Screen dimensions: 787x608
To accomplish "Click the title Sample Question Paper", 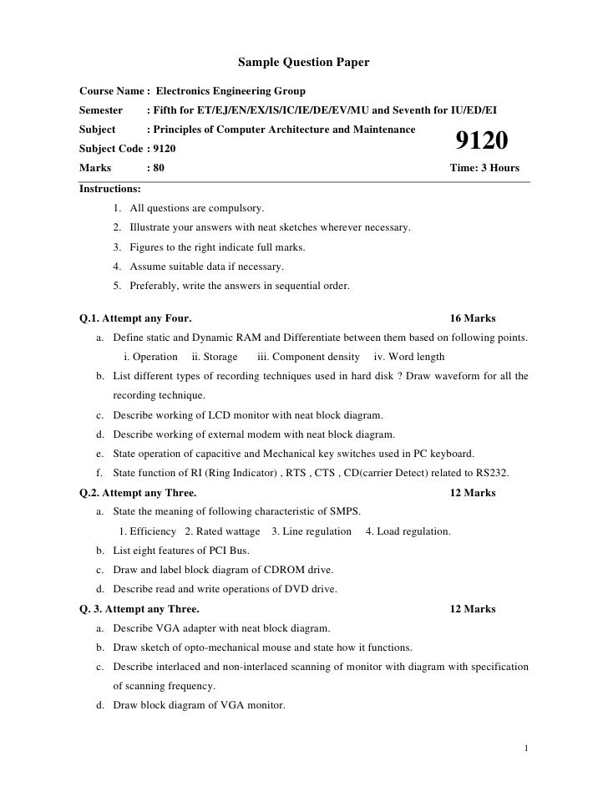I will (303, 63).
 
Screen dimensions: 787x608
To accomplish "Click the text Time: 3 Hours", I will (484, 168).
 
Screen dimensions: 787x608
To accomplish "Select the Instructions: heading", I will (109, 189).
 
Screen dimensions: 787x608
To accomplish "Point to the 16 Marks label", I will (473, 318).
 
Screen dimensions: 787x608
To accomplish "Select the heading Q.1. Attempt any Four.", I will (135, 318).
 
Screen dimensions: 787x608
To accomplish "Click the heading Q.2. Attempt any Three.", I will (138, 493).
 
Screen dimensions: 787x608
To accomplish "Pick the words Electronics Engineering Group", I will (231, 90).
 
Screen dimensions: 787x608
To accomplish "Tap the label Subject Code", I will (110, 148).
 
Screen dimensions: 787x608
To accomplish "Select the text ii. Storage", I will (215, 357).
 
